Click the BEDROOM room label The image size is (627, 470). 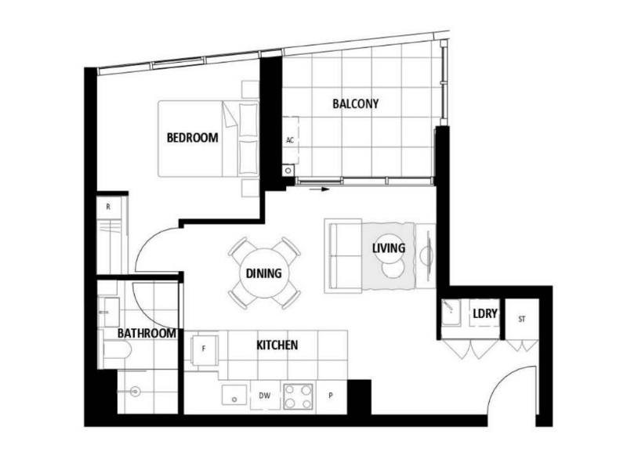(192, 138)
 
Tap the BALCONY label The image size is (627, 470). (356, 103)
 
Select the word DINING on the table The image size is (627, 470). (263, 273)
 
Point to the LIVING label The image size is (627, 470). (389, 248)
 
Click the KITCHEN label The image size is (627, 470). (277, 345)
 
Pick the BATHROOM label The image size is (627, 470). (147, 333)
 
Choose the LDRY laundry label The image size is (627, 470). (485, 314)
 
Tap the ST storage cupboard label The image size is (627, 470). (521, 319)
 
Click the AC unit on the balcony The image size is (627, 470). (291, 140)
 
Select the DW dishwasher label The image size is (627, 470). (264, 396)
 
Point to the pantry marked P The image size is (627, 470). (331, 396)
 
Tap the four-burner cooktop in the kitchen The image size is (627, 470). (298, 396)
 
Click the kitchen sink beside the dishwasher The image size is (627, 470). (234, 396)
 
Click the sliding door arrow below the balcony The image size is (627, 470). (320, 190)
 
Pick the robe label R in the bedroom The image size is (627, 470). (108, 207)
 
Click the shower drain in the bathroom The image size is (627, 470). (135, 392)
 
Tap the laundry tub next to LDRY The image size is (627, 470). (451, 313)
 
